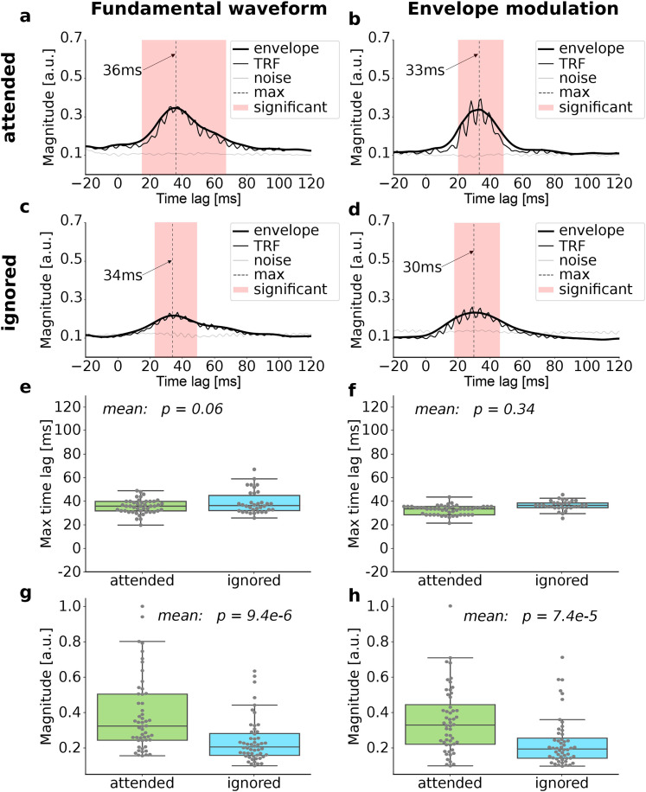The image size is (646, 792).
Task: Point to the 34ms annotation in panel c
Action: [125, 278]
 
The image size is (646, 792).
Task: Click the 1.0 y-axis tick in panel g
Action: [78, 606]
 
